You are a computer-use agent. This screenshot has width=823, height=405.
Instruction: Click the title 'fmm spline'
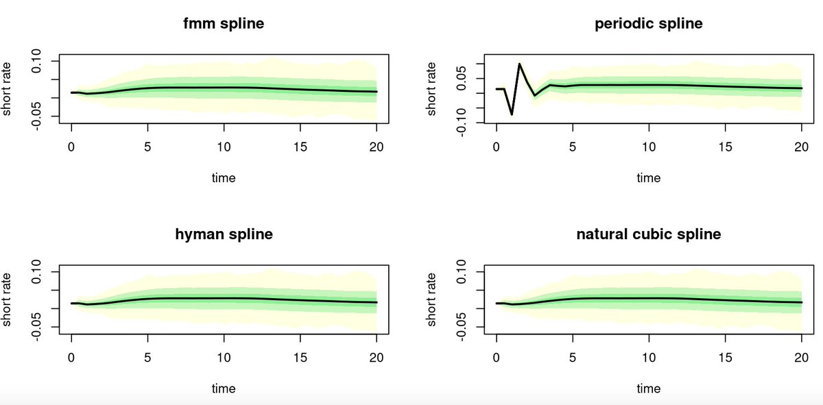pos(224,24)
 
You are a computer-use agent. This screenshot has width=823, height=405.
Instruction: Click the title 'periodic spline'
pos(648,24)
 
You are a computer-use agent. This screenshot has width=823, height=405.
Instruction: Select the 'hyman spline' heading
pos(224,234)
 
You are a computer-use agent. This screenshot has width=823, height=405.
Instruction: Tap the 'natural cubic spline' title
pos(648,234)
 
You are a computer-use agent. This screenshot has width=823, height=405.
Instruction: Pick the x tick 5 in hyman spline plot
pos(147,357)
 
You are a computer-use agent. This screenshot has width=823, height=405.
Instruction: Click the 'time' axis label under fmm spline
pos(224,178)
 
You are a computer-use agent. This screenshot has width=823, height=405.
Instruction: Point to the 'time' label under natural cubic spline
pos(648,389)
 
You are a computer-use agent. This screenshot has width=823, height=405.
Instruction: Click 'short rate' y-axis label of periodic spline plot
pos(431,88)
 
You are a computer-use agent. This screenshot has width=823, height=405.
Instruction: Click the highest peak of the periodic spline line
pos(519,64)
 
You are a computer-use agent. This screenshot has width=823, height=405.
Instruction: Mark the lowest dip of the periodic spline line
pos(512,114)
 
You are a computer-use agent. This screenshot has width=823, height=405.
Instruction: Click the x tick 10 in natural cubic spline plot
pos(648,357)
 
